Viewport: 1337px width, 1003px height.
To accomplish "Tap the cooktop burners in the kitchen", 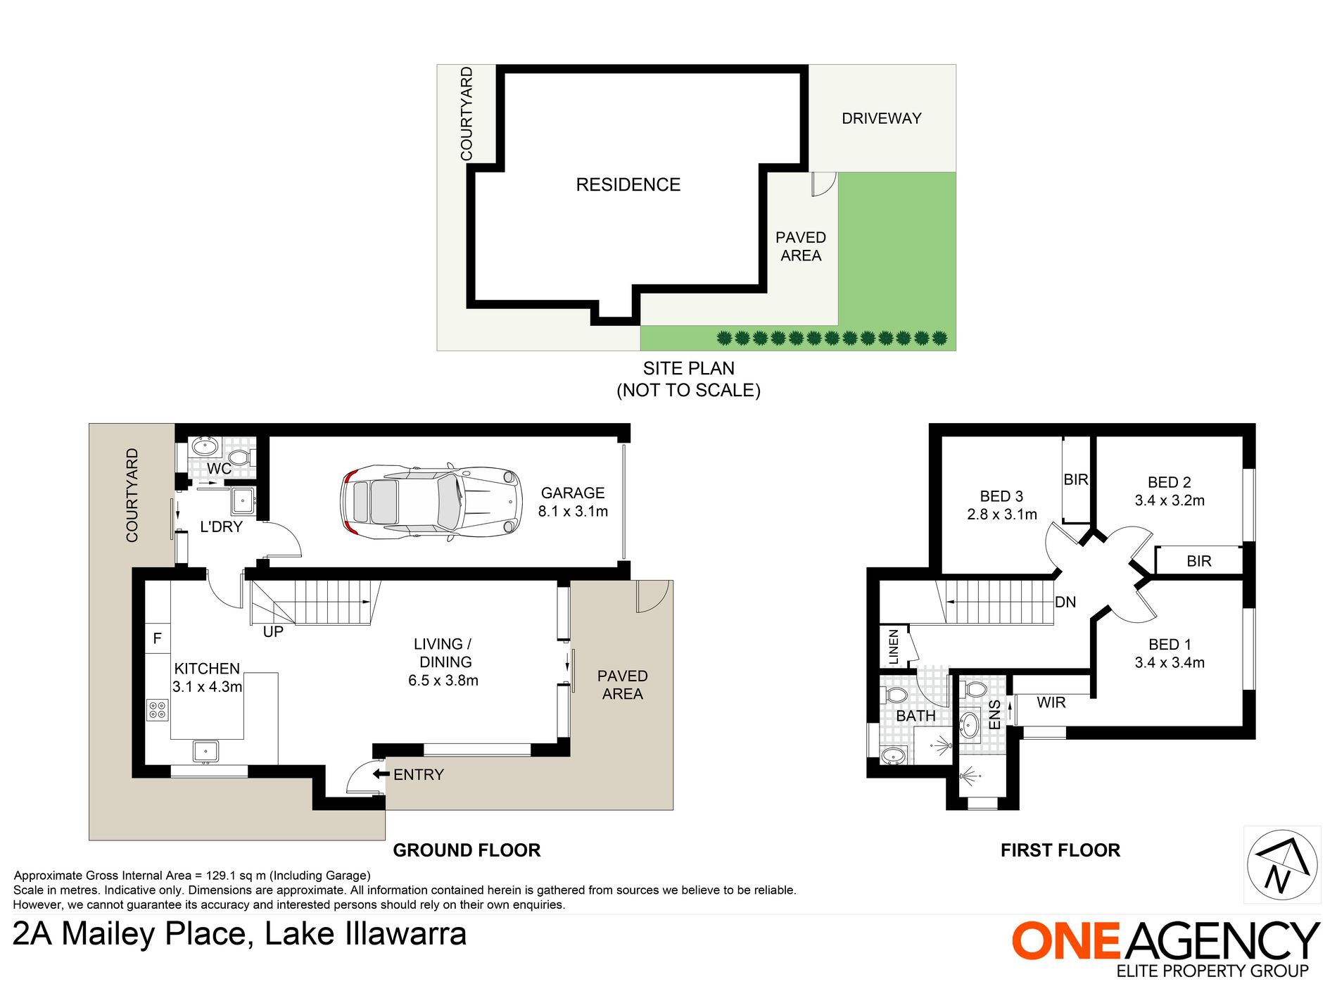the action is (x=157, y=709).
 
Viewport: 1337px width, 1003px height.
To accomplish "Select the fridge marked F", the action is (x=158, y=638).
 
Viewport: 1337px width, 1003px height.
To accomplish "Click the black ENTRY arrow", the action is (x=381, y=774).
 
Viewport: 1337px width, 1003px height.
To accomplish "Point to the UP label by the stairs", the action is (x=273, y=632).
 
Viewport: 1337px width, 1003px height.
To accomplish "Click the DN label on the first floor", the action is (x=1065, y=602).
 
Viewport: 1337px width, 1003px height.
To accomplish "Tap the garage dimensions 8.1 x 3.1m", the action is (x=573, y=512).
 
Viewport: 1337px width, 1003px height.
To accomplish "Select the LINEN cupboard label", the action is (x=894, y=647).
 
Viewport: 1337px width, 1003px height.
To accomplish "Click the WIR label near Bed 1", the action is (x=1051, y=702).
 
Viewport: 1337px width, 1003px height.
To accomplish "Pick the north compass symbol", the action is (x=1282, y=865).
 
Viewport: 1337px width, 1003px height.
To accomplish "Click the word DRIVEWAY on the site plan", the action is (x=882, y=118).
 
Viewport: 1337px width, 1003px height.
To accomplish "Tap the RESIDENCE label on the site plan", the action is (x=628, y=184).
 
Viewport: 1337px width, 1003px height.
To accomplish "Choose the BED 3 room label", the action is (x=1001, y=496).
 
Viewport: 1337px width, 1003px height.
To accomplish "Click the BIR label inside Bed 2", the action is (x=1199, y=561).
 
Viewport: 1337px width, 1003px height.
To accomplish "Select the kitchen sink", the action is (x=205, y=751).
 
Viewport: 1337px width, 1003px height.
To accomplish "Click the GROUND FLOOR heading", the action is (x=467, y=850).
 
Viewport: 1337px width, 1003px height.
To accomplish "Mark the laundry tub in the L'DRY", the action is (x=243, y=500).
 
